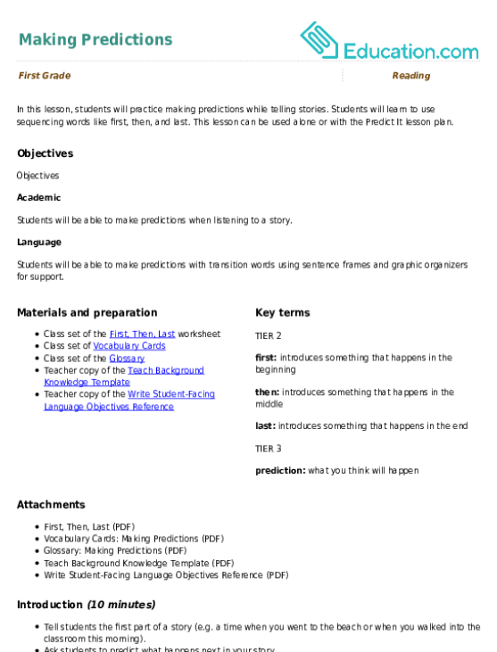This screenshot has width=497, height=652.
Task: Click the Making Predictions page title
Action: click(x=95, y=39)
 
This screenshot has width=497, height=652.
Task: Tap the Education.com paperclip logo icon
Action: click(x=319, y=40)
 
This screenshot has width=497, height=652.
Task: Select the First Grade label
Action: click(x=45, y=76)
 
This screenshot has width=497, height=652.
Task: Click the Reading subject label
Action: click(x=411, y=76)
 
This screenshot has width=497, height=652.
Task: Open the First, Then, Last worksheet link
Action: click(x=142, y=334)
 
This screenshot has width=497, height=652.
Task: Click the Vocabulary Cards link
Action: click(x=129, y=346)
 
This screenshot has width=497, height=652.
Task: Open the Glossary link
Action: click(x=127, y=359)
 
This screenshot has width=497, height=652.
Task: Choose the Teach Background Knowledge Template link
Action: click(x=124, y=376)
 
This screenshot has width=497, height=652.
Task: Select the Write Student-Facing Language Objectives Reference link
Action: click(x=129, y=400)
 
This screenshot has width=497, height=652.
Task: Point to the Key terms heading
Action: click(x=282, y=313)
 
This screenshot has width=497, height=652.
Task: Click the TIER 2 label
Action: click(x=269, y=336)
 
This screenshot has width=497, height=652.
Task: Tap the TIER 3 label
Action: click(x=269, y=449)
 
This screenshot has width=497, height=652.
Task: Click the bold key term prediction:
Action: click(x=280, y=471)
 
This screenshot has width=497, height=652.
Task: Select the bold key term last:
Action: click(x=265, y=425)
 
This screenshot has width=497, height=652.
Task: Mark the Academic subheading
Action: click(x=38, y=197)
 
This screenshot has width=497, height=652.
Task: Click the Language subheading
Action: click(x=39, y=243)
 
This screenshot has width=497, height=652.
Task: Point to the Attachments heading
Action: click(x=51, y=505)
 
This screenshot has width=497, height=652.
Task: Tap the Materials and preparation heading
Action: click(x=87, y=313)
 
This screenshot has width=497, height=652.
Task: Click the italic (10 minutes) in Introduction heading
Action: click(x=121, y=605)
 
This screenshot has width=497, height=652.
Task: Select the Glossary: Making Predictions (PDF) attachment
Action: click(x=115, y=551)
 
